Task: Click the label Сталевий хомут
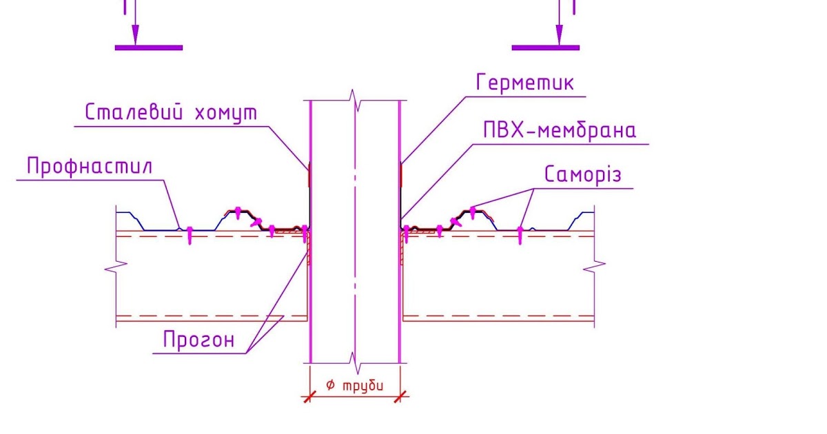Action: point(170,112)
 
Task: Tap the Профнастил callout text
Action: point(90,167)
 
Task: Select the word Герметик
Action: point(524,83)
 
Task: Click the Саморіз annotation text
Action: point(582,174)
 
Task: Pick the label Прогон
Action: point(198,340)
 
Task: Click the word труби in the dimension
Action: point(363,386)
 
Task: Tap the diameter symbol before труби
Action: point(330,386)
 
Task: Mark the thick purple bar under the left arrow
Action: point(149,48)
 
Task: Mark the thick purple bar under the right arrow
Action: point(545,48)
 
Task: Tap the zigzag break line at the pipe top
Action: point(355,100)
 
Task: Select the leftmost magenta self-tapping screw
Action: point(190,236)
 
